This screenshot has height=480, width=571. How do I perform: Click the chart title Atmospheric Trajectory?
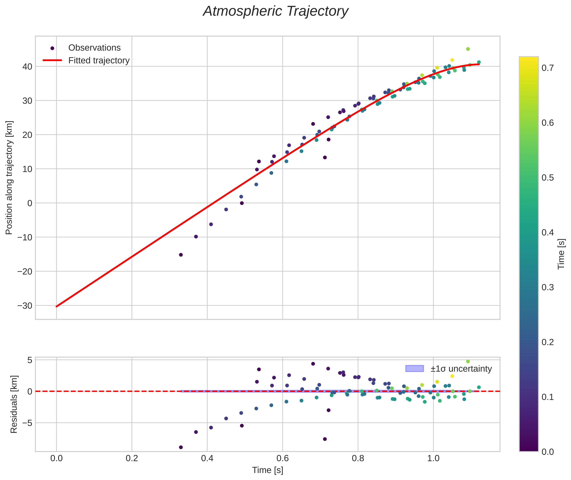(275, 11)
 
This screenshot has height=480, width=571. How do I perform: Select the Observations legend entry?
(94, 48)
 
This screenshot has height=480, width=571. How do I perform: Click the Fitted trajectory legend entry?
(99, 60)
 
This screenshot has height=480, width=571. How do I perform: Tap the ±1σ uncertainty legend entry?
(461, 369)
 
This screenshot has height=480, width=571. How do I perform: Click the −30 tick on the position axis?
(25, 306)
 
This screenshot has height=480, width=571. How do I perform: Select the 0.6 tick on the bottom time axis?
(282, 458)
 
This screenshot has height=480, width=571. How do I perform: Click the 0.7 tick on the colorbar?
(547, 68)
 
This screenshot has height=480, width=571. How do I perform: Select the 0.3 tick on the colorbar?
(547, 287)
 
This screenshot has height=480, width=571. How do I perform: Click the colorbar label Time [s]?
(561, 254)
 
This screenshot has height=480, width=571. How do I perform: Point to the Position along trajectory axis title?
(9, 177)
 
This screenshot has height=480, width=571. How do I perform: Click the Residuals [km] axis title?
(14, 404)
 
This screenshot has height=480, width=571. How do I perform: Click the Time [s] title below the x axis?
(267, 470)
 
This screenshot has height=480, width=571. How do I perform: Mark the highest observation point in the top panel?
(468, 49)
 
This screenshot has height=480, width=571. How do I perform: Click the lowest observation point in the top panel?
(181, 255)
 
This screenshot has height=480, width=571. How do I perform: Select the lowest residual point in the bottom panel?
(181, 447)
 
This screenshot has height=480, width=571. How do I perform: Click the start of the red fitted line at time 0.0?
(57, 306)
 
